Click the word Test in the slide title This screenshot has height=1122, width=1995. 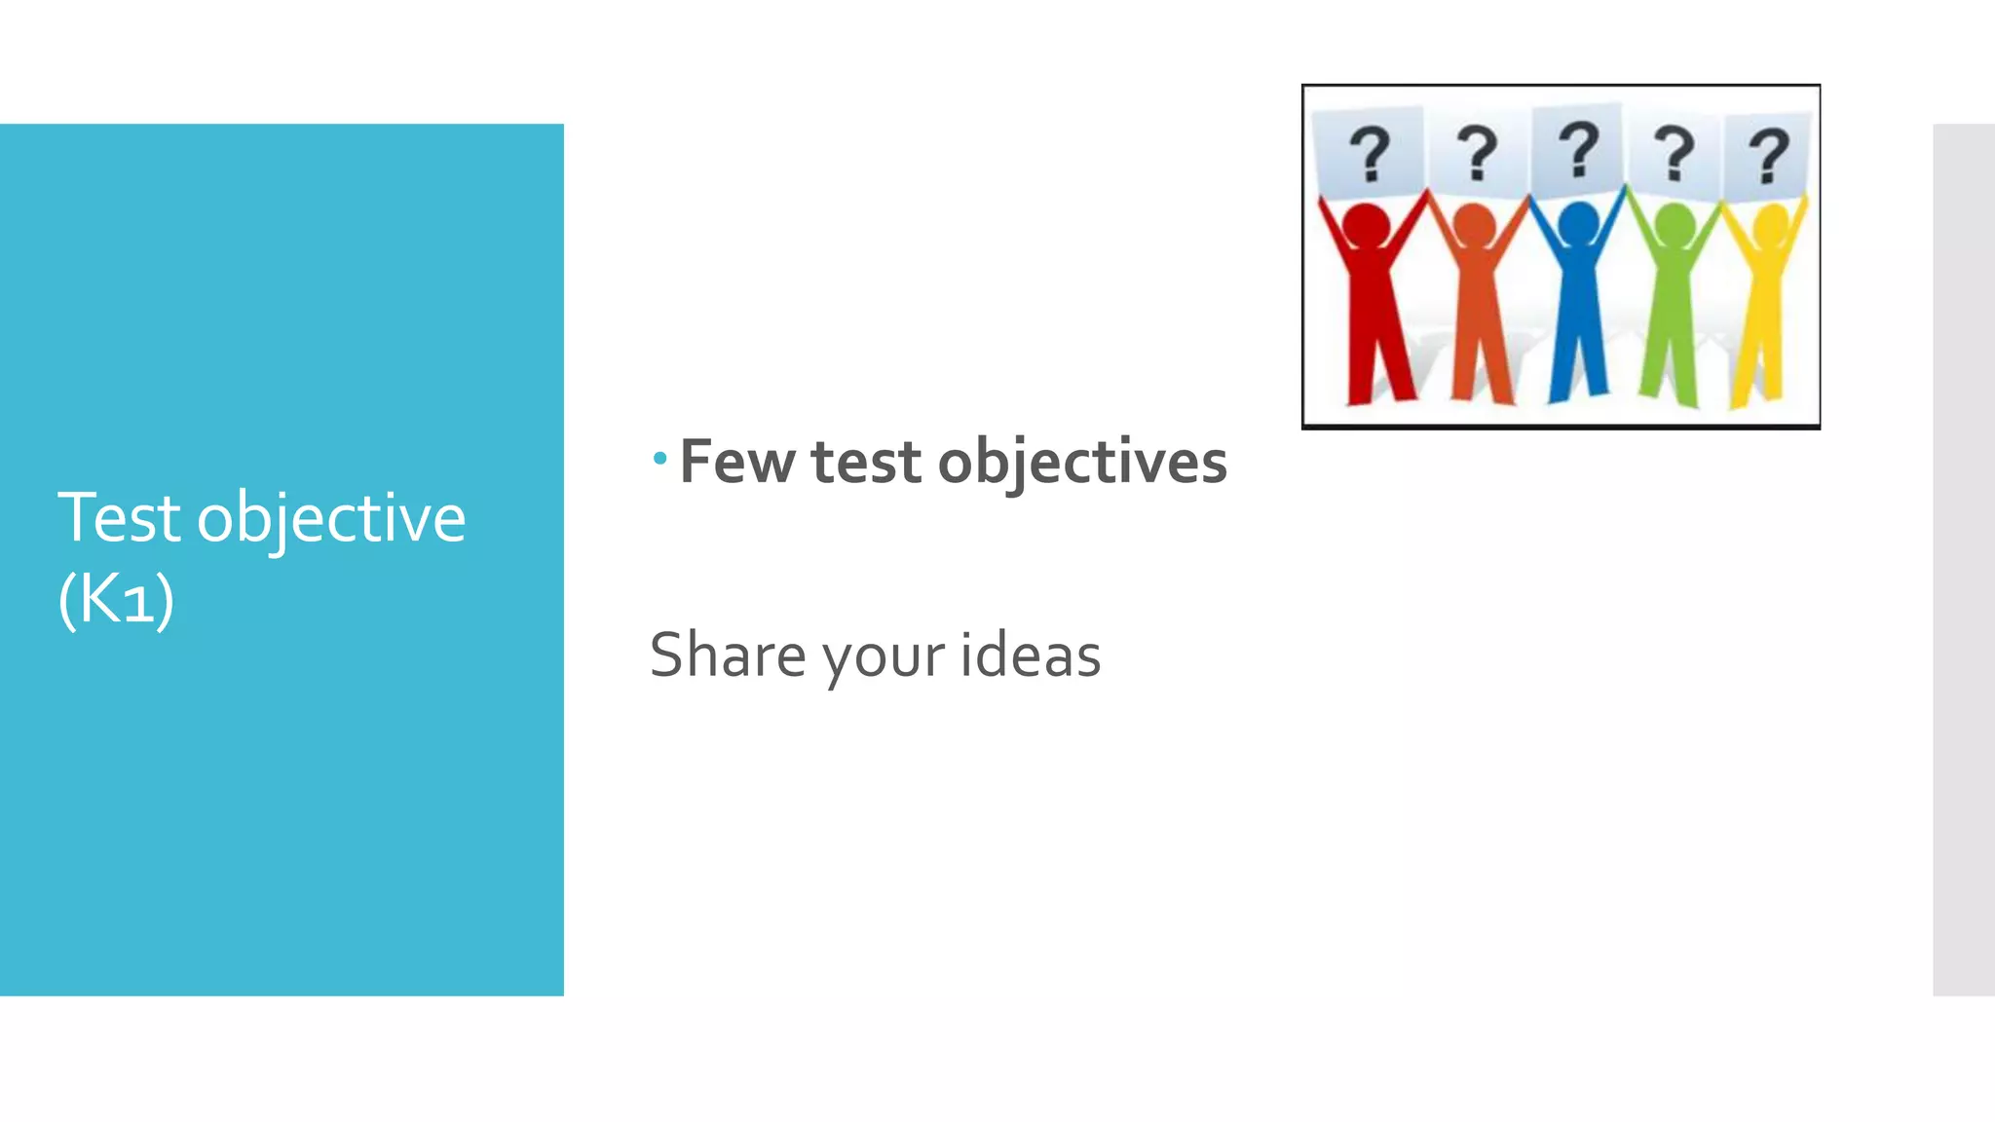click(x=118, y=517)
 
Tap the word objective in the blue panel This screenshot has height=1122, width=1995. click(x=331, y=519)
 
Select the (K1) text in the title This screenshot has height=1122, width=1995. click(x=116, y=599)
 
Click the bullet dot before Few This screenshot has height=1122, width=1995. click(x=660, y=458)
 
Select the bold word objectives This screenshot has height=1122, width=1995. click(x=1082, y=463)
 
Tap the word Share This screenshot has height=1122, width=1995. click(x=728, y=654)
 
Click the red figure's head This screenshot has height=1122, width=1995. click(x=1366, y=226)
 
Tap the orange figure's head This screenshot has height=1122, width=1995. click(x=1475, y=226)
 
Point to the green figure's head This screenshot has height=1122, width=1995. click(x=1675, y=226)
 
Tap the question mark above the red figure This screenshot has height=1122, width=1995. click(x=1370, y=154)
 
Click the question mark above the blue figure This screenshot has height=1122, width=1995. click(x=1578, y=149)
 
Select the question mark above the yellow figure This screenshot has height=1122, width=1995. click(x=1768, y=156)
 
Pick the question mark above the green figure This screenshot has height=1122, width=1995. click(x=1675, y=153)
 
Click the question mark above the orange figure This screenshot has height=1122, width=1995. click(x=1477, y=153)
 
